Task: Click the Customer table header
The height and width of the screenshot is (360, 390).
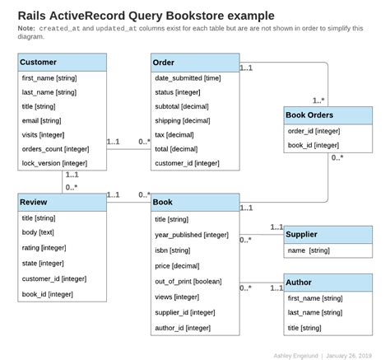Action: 62,63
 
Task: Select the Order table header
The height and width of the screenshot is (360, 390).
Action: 195,63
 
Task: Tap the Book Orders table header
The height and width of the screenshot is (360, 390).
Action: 327,115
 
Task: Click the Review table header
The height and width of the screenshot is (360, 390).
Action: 62,203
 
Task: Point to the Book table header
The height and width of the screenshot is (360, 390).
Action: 195,203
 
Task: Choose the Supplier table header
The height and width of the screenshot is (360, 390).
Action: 327,235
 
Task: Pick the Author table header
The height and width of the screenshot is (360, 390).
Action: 327,283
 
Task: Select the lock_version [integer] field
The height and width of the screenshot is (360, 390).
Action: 54,163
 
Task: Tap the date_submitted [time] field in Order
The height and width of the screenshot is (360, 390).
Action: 188,77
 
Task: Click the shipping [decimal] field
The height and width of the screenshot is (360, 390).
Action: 183,120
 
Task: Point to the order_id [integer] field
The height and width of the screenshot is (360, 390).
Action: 313,131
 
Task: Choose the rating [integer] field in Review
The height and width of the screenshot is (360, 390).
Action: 44,247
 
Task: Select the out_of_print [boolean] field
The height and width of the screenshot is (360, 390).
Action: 188,281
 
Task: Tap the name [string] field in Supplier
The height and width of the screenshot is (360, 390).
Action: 309,250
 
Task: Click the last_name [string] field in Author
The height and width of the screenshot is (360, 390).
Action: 315,313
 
